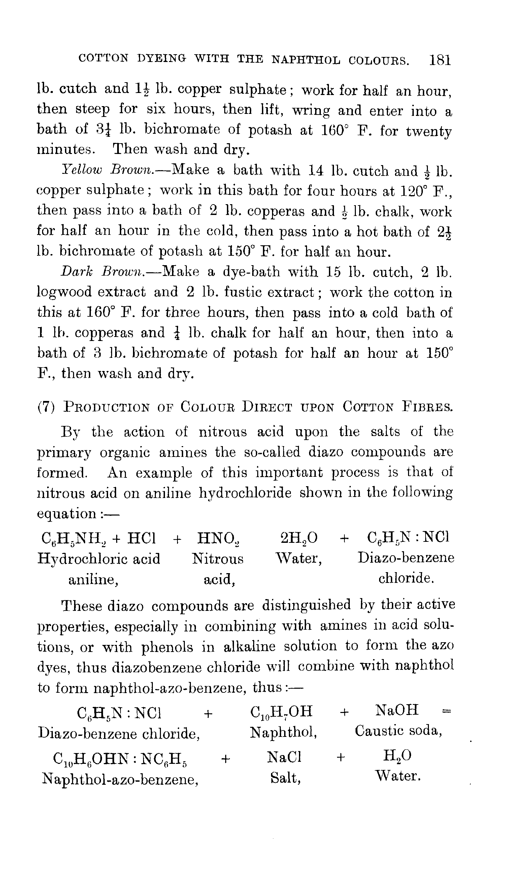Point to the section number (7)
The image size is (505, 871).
46,407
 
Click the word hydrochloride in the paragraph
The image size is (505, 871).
245,493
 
